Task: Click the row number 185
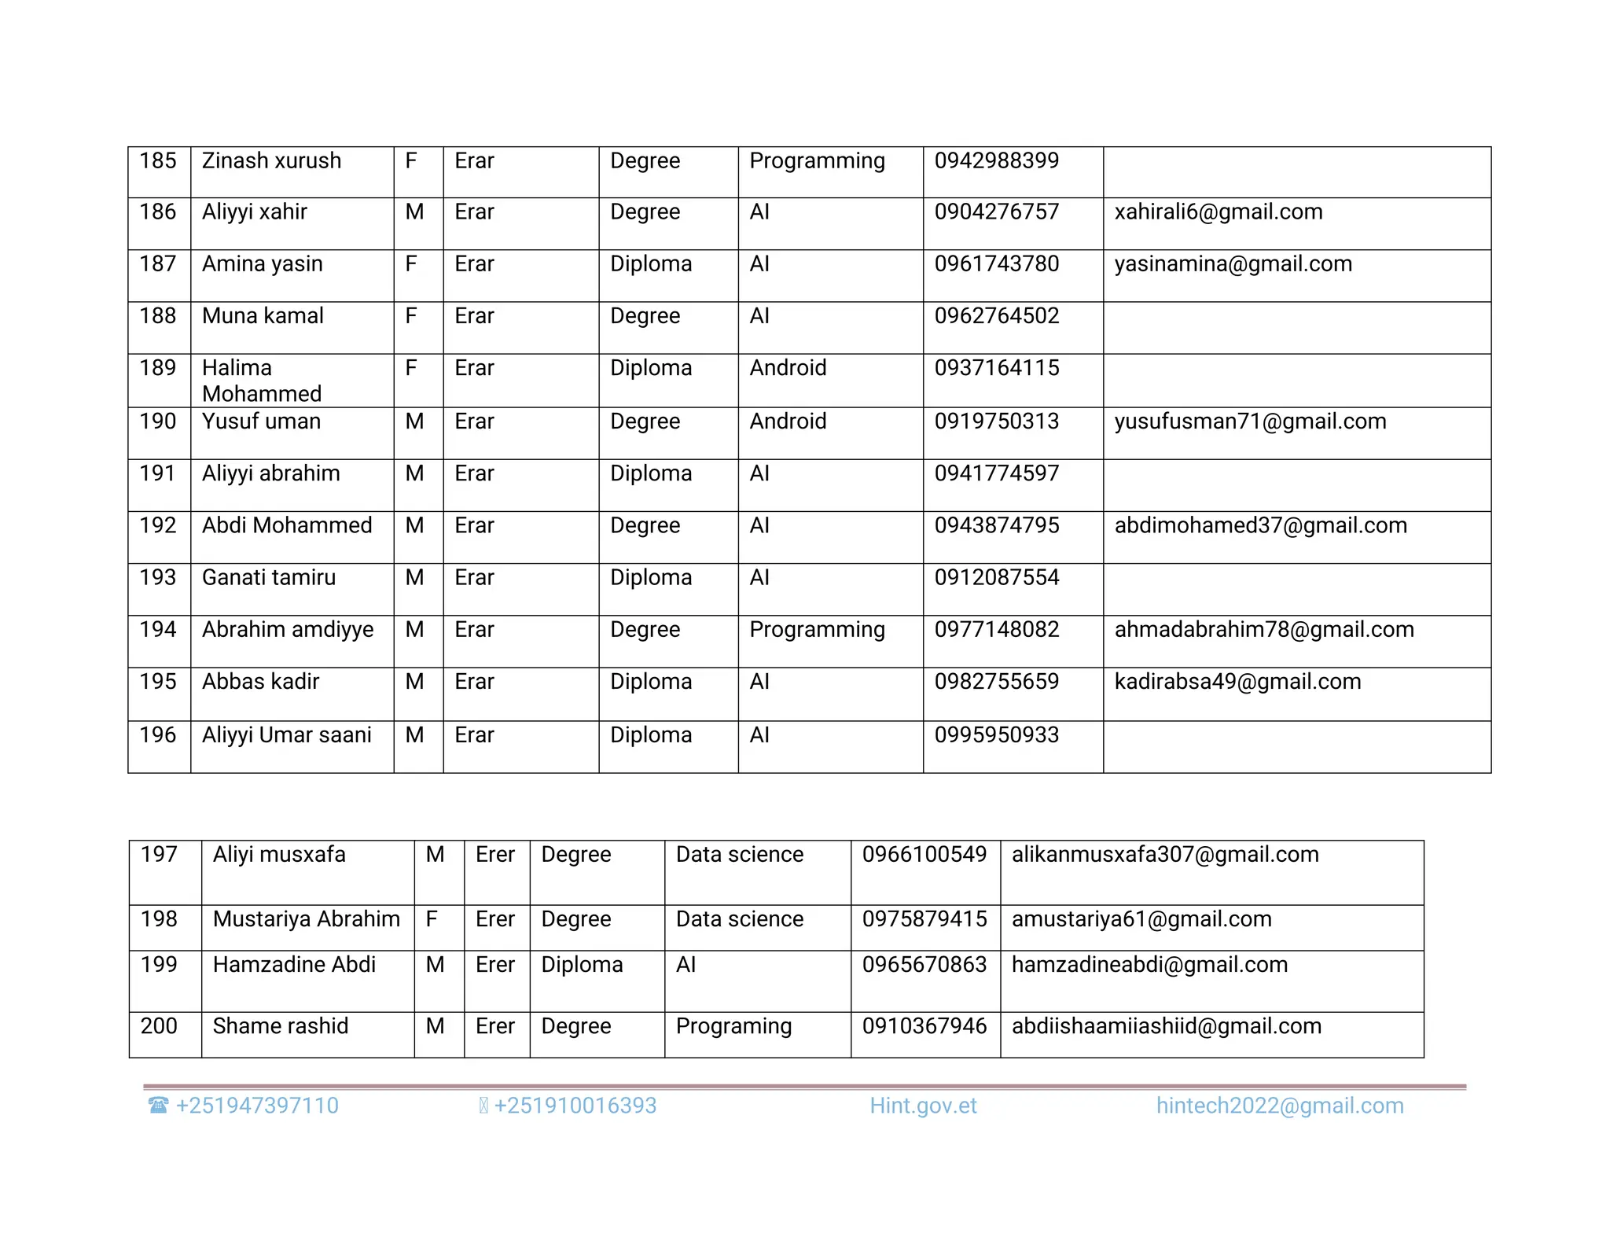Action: point(158,161)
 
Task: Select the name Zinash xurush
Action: point(271,161)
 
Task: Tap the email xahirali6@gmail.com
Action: point(1218,212)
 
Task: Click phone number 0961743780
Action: point(996,264)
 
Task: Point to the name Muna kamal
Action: point(263,316)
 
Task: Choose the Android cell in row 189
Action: point(788,368)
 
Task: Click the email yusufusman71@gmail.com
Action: point(1250,421)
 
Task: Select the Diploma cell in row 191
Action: point(651,473)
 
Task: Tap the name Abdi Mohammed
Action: point(287,525)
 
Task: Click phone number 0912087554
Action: point(996,577)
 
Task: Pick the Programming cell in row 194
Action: point(817,629)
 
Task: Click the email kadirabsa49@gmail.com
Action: point(1237,682)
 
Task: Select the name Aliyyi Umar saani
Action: point(286,735)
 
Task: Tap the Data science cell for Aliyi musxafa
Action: point(739,855)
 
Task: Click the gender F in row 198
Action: point(432,919)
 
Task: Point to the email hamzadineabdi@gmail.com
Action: point(1149,965)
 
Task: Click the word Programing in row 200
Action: point(733,1026)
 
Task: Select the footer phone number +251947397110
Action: point(256,1106)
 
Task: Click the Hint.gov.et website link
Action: point(923,1106)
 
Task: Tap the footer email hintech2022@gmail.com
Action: point(1279,1106)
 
